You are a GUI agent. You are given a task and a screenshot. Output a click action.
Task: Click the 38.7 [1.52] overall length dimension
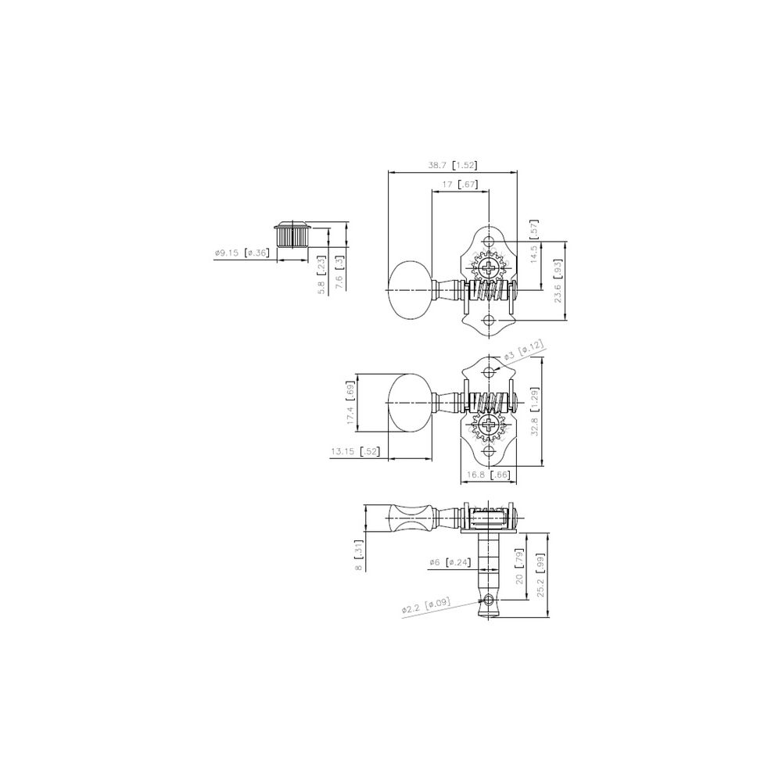coord(453,165)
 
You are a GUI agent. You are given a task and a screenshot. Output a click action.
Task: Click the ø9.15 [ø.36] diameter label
coord(241,253)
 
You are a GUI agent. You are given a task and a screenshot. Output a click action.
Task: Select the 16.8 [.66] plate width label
coord(490,474)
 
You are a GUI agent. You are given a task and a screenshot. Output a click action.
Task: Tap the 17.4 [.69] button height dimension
coord(350,405)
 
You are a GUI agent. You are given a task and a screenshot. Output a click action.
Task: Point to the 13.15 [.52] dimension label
coord(355,451)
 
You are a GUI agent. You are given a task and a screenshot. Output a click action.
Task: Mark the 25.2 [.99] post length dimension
coord(540,576)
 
